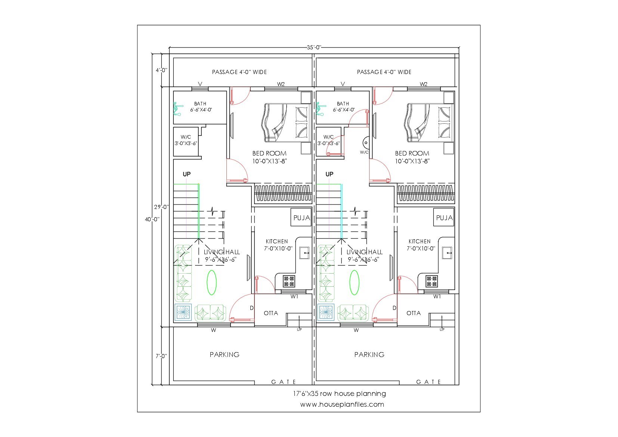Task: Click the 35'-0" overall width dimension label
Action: [314, 47]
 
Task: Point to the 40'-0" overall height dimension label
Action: [152, 219]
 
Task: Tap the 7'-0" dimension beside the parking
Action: [161, 356]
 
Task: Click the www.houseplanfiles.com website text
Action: [342, 404]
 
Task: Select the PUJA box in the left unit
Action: [301, 218]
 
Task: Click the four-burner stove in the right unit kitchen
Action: [432, 281]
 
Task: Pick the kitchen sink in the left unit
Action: [304, 253]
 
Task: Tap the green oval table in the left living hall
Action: [211, 282]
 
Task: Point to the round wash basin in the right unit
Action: [366, 143]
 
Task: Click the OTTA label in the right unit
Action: [414, 313]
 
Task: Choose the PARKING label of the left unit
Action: [225, 354]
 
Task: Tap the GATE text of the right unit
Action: [429, 382]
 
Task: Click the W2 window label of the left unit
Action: [281, 84]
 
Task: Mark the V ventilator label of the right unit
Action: [343, 84]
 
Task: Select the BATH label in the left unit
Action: [200, 104]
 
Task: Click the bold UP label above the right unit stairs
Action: [330, 174]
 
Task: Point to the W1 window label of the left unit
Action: [294, 296]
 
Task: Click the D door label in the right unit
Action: [395, 308]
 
